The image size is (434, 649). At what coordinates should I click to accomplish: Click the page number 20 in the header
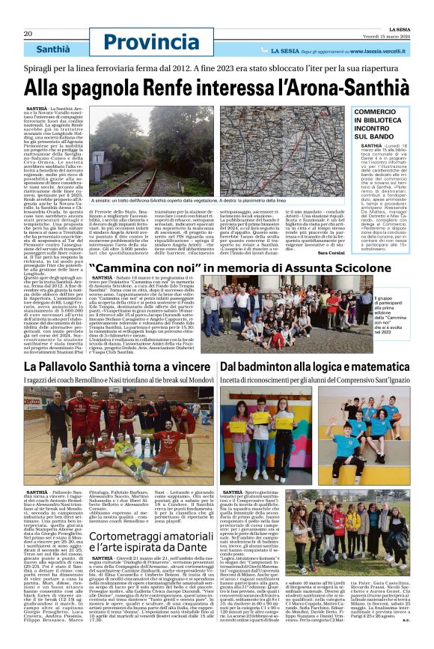click(28, 34)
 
